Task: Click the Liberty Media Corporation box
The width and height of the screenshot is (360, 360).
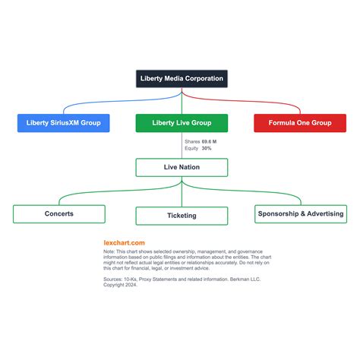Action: click(x=182, y=79)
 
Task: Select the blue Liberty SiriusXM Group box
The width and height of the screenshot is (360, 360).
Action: click(x=64, y=123)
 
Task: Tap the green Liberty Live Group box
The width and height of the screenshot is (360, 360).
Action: click(x=182, y=123)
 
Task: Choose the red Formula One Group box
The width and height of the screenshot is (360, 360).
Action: click(x=300, y=123)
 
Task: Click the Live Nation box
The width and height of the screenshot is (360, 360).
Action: click(x=182, y=167)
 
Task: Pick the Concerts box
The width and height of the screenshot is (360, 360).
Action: click(x=59, y=214)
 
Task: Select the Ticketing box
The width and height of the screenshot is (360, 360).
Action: click(x=182, y=216)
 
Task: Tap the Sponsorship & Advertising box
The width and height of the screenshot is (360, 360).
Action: click(x=301, y=214)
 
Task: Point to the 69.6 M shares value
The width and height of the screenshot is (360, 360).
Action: click(x=209, y=141)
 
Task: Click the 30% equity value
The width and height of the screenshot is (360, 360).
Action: click(x=207, y=148)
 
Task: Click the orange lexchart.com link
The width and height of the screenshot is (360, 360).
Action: click(x=124, y=243)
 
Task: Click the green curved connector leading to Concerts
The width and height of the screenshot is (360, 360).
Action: click(x=119, y=191)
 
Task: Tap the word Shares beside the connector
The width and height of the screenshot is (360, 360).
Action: click(x=192, y=141)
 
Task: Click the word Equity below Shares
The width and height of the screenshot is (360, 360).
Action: click(x=191, y=148)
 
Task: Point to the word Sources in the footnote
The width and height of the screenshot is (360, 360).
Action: click(x=112, y=279)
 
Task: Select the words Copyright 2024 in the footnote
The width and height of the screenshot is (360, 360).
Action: click(x=120, y=285)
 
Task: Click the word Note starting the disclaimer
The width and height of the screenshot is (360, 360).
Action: click(x=109, y=251)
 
